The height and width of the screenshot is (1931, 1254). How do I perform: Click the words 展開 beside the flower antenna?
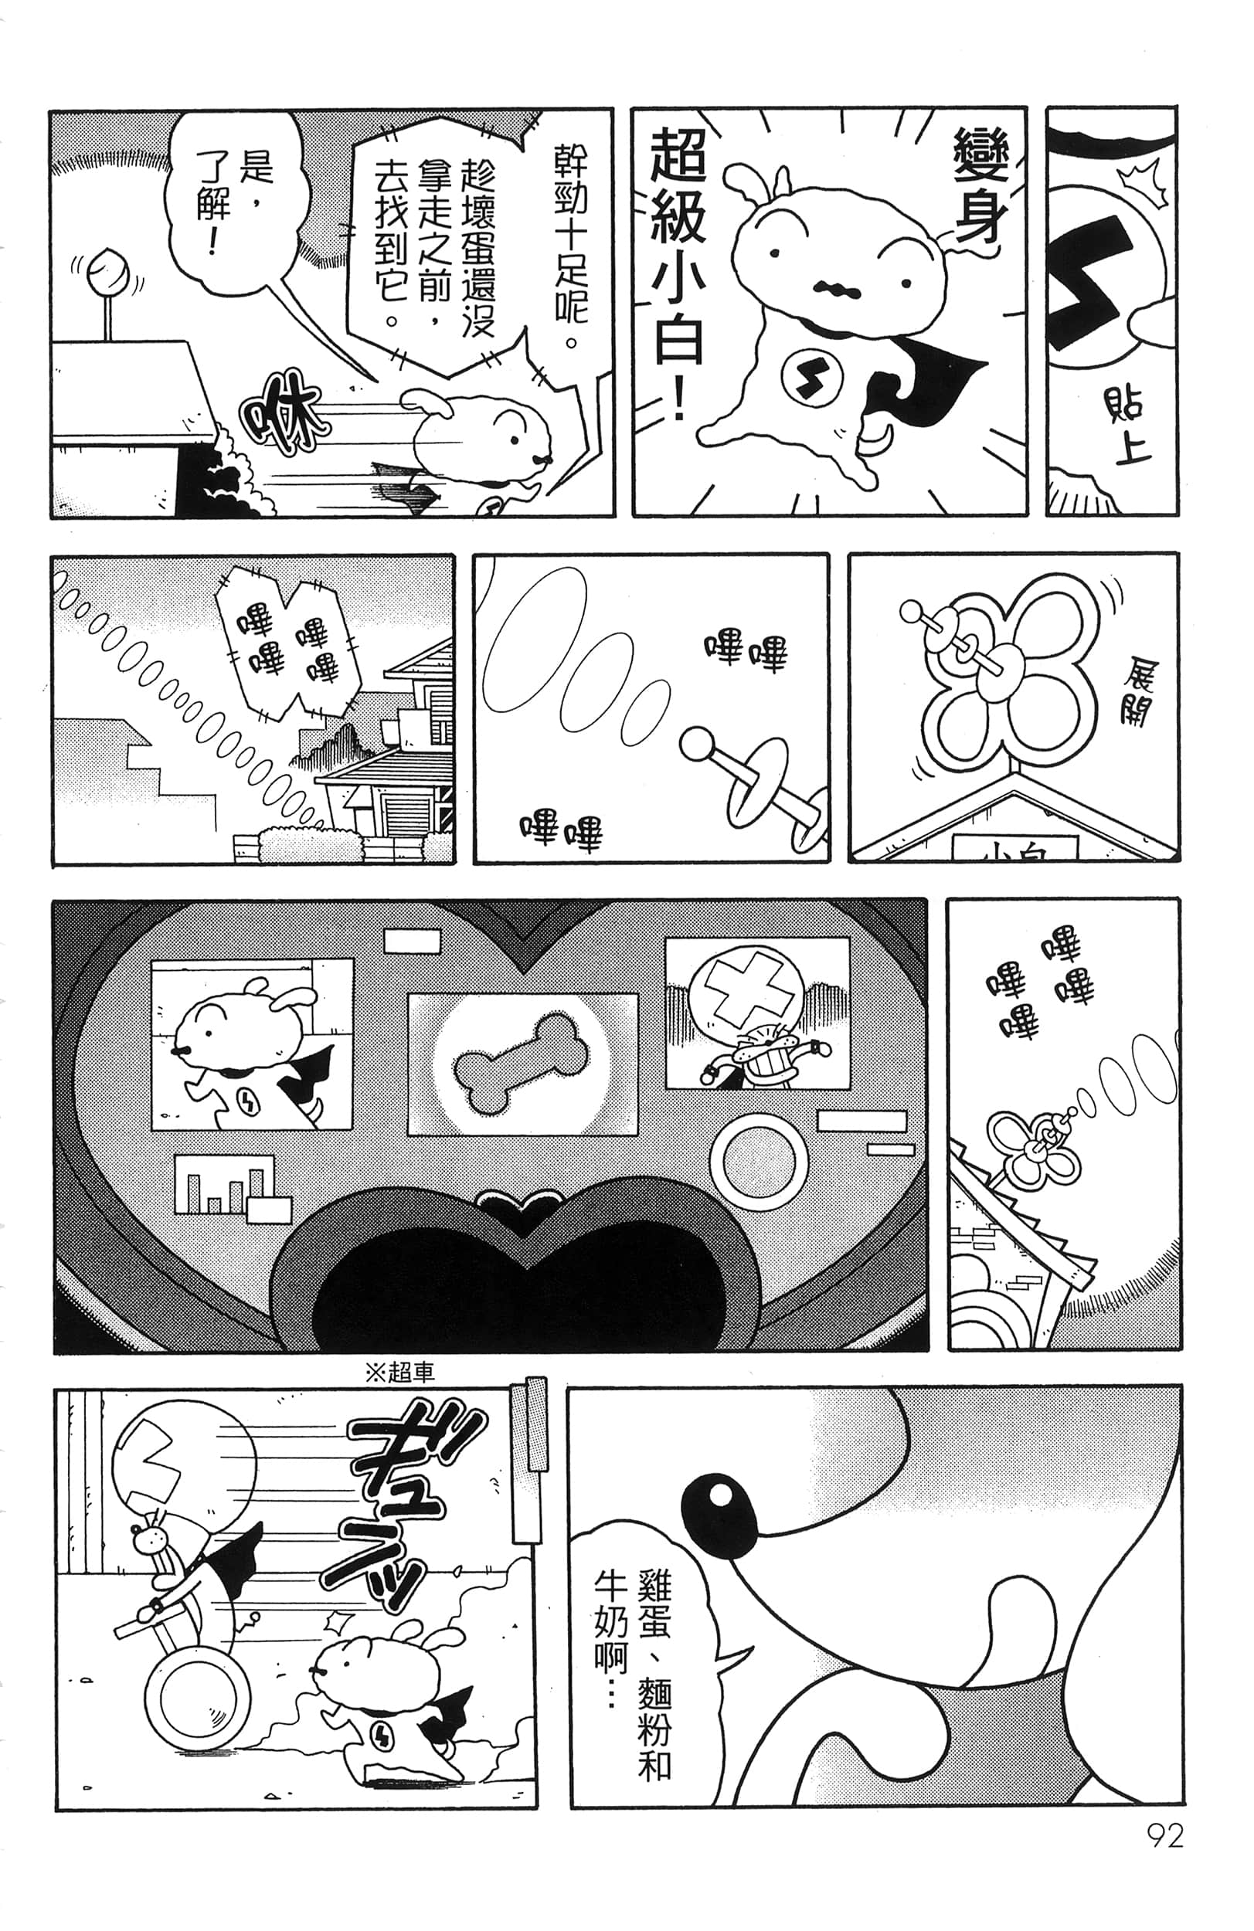click(x=1137, y=694)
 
